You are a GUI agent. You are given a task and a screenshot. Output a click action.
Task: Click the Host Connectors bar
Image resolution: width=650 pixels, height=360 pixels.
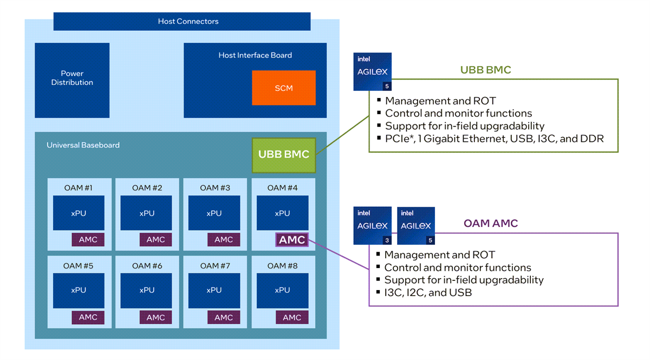coord(182,22)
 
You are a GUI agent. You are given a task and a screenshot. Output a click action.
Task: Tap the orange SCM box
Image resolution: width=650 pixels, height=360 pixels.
coord(283,88)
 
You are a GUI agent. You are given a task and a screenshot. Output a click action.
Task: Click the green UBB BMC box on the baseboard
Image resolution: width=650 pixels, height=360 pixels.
coord(283,154)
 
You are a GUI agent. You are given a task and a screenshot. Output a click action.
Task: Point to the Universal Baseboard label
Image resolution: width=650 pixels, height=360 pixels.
coord(83,145)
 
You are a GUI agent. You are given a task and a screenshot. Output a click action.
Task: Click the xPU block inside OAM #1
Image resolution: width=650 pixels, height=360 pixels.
coord(79,213)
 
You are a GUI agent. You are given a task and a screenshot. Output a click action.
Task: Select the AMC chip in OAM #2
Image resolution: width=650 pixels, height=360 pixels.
coord(155,240)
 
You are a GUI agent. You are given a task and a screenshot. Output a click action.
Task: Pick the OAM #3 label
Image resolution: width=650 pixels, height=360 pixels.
coord(215,188)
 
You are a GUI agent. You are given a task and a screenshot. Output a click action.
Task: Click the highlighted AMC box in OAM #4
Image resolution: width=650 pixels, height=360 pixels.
coord(292,240)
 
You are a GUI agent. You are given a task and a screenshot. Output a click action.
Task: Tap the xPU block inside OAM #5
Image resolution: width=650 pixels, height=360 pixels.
coord(79,290)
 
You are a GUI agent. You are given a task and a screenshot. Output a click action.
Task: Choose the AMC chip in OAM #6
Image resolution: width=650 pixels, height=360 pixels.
coord(155,317)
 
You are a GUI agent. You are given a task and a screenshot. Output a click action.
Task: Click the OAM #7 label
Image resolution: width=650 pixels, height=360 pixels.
coord(215,265)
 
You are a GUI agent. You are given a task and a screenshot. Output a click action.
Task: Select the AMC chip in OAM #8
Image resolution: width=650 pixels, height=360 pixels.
coord(292,317)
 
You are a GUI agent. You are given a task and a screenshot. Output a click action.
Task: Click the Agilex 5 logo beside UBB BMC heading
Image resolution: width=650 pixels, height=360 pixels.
coord(372,71)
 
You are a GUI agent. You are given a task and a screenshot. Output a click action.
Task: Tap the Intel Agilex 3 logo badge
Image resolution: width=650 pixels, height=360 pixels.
coord(372,226)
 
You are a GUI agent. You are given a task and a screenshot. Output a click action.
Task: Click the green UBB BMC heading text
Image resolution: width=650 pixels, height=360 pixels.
coord(485,70)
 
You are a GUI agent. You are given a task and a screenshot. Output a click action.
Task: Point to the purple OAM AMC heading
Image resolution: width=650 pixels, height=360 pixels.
coord(491,224)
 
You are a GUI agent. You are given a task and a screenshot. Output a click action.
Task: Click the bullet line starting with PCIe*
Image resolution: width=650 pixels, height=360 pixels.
coord(494,139)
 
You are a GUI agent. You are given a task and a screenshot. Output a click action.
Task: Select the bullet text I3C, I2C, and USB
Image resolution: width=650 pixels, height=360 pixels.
coord(428,293)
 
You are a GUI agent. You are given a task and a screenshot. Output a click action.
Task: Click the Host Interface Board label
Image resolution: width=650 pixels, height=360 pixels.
coord(255,55)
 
